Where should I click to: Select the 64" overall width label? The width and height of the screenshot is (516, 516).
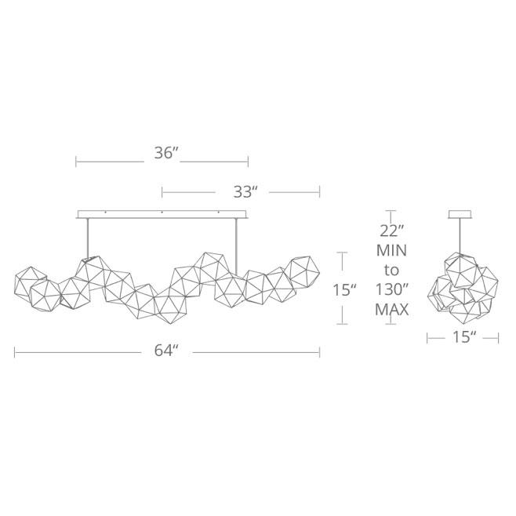(x=167, y=352)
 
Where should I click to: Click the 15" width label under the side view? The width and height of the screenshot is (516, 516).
(x=463, y=338)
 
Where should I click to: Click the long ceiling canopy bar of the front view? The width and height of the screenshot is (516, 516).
(x=162, y=213)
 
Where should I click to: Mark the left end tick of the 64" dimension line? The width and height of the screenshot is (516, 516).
(x=15, y=352)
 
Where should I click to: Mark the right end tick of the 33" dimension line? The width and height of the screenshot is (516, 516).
(x=319, y=191)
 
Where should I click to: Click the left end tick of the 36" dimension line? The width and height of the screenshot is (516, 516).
(x=76, y=162)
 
